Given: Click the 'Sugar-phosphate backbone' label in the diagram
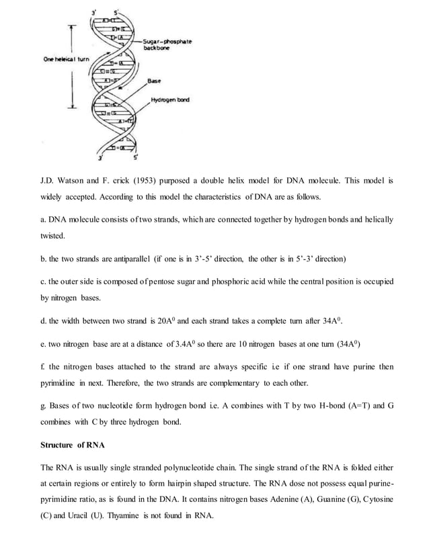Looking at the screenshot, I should click(x=167, y=45).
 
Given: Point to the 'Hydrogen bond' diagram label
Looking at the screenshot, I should click(x=169, y=100).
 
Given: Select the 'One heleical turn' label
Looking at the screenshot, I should click(x=66, y=59).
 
